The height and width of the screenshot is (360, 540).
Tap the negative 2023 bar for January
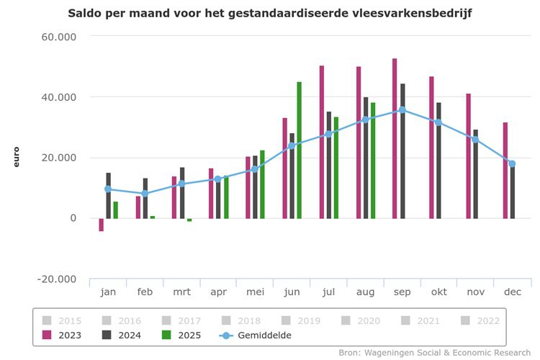[102, 225]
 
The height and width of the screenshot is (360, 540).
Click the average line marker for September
[402, 110]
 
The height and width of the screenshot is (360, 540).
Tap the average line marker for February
[145, 193]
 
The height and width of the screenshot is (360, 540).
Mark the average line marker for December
[512, 163]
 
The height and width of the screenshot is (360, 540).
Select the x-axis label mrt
[181, 292]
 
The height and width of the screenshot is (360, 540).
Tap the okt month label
[438, 292]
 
